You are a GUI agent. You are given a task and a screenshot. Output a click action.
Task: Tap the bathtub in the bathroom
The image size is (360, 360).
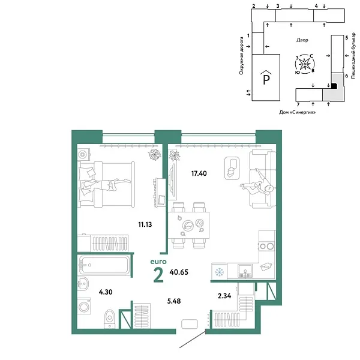point(104,264)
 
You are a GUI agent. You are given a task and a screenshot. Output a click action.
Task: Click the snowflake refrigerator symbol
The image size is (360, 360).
point(220,271)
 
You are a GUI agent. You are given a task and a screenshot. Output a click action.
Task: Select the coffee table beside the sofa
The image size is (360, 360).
point(231,167)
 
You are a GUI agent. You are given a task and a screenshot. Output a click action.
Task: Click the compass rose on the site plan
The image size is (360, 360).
point(305,62)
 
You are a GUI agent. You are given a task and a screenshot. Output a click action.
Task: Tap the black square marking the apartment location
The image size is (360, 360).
point(334,86)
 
